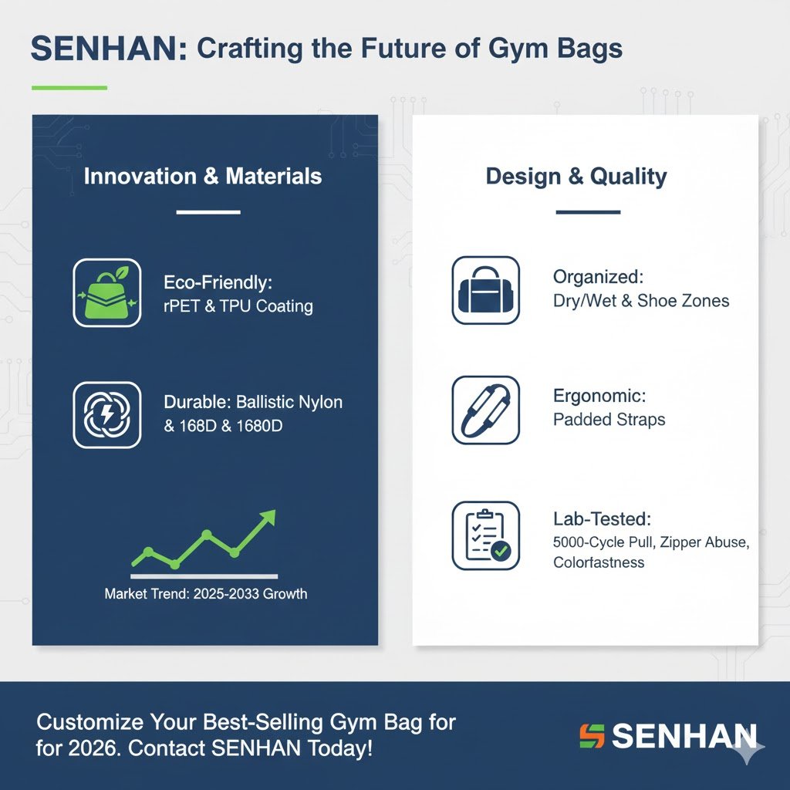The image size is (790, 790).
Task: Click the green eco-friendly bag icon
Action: point(106,292)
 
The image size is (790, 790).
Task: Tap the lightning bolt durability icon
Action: point(106,415)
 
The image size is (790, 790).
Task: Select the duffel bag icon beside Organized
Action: point(486,290)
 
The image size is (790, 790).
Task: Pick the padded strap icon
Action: point(486,410)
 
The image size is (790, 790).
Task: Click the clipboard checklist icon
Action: point(486,535)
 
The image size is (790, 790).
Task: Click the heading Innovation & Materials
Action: point(203,177)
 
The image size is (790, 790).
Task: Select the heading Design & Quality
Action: point(576,177)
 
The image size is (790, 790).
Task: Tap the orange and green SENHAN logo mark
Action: point(592,736)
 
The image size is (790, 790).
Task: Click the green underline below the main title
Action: point(69,88)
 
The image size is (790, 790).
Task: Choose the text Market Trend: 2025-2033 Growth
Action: point(205,593)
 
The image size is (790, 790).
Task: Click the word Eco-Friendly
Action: point(218,282)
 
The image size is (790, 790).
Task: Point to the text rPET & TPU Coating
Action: point(238,306)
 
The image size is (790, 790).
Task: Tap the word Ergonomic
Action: point(599,396)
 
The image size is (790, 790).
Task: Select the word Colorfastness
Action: point(599,562)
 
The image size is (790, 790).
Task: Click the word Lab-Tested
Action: point(602,519)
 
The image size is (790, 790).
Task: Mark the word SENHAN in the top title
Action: point(108,49)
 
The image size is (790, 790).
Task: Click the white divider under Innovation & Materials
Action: point(208,212)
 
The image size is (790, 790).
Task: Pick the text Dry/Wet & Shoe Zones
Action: point(641,301)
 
